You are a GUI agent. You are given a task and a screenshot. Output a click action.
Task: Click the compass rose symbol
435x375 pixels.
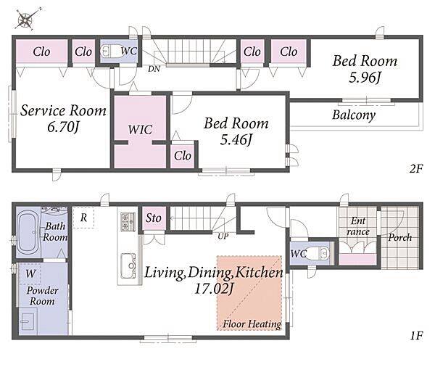[x=28, y=18]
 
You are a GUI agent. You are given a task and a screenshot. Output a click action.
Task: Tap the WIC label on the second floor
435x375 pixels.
[x=140, y=130]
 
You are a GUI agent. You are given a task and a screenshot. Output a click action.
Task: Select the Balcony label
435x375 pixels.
[x=354, y=115]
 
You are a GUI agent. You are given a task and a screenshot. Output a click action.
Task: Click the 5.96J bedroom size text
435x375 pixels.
[x=365, y=78]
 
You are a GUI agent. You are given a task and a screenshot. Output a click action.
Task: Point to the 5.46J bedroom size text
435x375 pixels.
[x=236, y=139]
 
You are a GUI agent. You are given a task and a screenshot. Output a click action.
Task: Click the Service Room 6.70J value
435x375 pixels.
[x=64, y=128]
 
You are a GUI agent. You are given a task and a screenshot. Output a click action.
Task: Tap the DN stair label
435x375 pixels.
[x=154, y=69]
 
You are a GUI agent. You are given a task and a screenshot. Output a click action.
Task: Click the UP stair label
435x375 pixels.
[x=223, y=236]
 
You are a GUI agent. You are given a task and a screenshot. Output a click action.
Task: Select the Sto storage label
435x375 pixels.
[x=154, y=218]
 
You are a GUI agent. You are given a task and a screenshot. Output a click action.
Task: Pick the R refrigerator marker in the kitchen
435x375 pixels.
[x=83, y=218]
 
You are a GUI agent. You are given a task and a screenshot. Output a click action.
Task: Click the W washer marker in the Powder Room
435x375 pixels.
[x=30, y=274]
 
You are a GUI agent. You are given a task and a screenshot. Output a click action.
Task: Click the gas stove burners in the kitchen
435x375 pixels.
[x=128, y=221]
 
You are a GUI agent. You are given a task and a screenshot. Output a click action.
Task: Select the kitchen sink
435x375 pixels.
[x=128, y=265]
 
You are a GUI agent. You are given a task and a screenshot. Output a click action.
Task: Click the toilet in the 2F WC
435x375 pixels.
[x=111, y=51]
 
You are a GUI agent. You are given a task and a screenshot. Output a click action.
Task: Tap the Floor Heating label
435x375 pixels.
[x=252, y=324]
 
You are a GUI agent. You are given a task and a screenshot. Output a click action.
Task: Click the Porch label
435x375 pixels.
[x=399, y=238]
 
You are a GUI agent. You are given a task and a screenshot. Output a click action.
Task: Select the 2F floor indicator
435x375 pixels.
[x=416, y=168]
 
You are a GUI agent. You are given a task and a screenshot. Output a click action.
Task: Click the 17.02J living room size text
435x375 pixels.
[x=214, y=289]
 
